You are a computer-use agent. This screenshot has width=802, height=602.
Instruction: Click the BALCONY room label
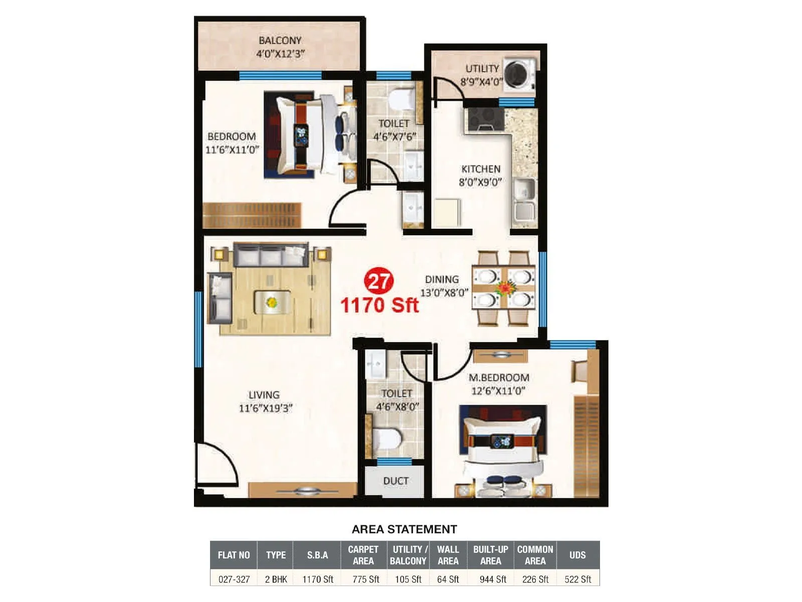280,41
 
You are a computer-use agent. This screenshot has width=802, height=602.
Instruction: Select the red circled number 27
379,281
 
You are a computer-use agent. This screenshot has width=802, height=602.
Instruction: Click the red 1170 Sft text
379,305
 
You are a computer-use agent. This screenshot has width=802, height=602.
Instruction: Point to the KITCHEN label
481,169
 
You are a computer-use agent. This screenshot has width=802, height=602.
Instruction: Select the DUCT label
395,481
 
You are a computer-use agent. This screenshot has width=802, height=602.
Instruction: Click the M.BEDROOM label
499,377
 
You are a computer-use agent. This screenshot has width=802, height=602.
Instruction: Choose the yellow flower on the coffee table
272,303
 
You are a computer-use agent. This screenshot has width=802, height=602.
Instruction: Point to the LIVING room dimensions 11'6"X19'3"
265,408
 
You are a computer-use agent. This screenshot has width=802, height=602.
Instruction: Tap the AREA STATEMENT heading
404,529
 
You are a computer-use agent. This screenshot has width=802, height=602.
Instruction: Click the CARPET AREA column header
363,555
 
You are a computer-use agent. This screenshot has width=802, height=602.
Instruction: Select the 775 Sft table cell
365,579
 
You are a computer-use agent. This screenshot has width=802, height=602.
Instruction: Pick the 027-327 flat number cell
234,579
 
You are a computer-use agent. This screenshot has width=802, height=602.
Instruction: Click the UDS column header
577,555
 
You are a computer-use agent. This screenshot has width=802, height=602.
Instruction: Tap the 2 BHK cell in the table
276,579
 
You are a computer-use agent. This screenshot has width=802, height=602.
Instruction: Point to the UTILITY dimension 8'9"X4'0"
481,82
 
